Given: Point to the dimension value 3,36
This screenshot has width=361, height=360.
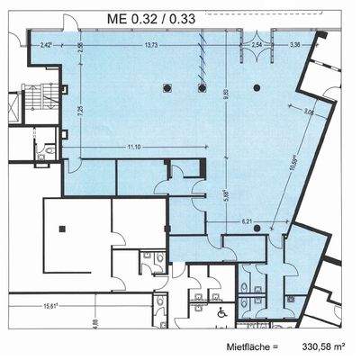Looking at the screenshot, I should [x=293, y=44].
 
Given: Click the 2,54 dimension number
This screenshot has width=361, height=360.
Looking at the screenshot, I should [x=257, y=44].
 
